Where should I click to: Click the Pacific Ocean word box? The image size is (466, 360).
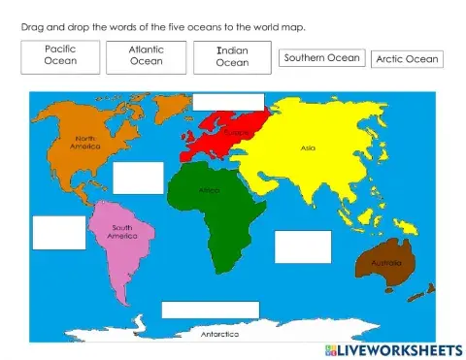60,54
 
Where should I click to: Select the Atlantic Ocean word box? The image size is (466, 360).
147,55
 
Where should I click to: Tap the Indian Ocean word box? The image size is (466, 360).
232,56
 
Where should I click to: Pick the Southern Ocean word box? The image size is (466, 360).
321,58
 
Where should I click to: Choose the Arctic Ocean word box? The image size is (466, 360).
407,59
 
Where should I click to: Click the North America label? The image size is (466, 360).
88,142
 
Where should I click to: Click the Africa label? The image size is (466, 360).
210,190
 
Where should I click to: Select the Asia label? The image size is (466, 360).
308,148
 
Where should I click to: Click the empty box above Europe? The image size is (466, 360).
228,102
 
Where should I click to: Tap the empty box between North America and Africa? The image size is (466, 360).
138,178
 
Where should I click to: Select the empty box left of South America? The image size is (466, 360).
59,232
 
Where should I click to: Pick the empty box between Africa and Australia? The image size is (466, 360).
295,245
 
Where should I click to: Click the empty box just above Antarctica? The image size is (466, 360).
211,310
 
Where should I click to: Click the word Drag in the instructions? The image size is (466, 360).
30,26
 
